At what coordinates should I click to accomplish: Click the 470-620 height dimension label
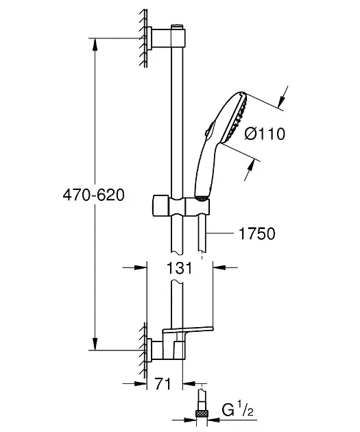pyautogui.click(x=94, y=195)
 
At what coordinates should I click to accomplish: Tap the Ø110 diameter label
pyautogui.click(x=265, y=134)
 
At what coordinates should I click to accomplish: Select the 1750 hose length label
pyautogui.click(x=256, y=234)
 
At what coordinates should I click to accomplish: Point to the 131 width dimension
pyautogui.click(x=179, y=267)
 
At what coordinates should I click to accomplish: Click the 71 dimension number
pyautogui.click(x=163, y=383)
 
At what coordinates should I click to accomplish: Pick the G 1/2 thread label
pyautogui.click(x=237, y=411)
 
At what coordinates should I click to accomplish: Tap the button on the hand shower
pyautogui.click(x=210, y=129)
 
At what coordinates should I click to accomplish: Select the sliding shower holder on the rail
pyautogui.click(x=180, y=206)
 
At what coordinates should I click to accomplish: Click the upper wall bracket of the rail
pyautogui.click(x=166, y=37)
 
